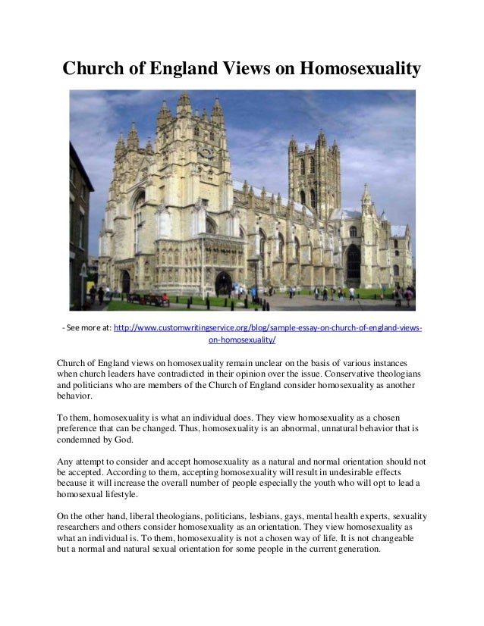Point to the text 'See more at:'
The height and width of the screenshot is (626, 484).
[86, 328]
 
